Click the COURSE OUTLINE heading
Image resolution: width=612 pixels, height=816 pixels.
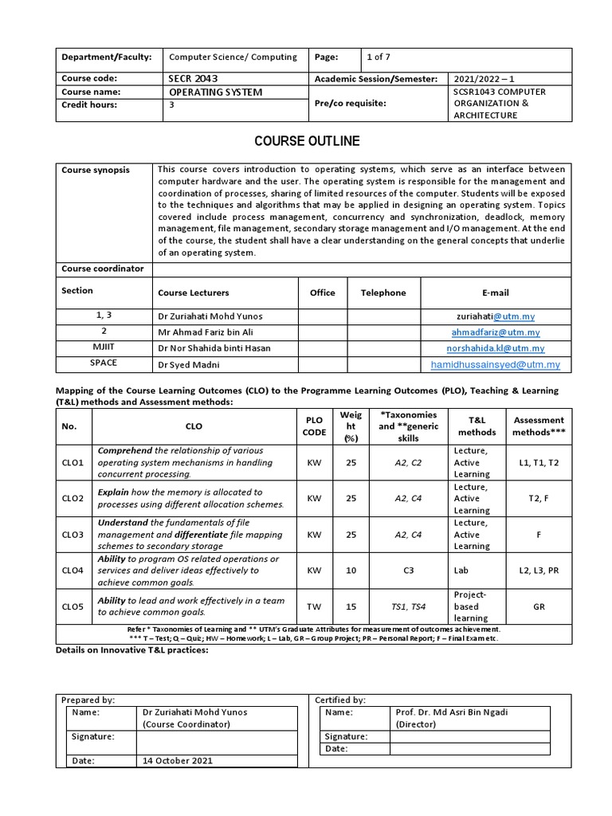point(307,141)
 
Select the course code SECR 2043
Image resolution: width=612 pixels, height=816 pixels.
point(192,79)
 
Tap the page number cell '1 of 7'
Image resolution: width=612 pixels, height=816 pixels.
point(379,57)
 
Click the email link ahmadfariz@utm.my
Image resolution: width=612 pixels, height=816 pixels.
point(495,332)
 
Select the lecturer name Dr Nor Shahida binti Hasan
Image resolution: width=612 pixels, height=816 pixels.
point(214,348)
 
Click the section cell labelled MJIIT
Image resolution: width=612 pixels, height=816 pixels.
point(104,347)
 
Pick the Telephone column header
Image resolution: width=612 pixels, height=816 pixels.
point(383,292)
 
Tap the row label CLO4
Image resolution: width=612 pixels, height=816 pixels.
point(73,571)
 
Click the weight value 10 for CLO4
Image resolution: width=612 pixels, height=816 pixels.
point(351,571)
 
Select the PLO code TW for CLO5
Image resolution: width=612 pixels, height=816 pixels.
point(314,606)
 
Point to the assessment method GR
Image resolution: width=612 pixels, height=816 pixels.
point(539,606)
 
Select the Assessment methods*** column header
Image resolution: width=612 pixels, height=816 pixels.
point(539,426)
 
